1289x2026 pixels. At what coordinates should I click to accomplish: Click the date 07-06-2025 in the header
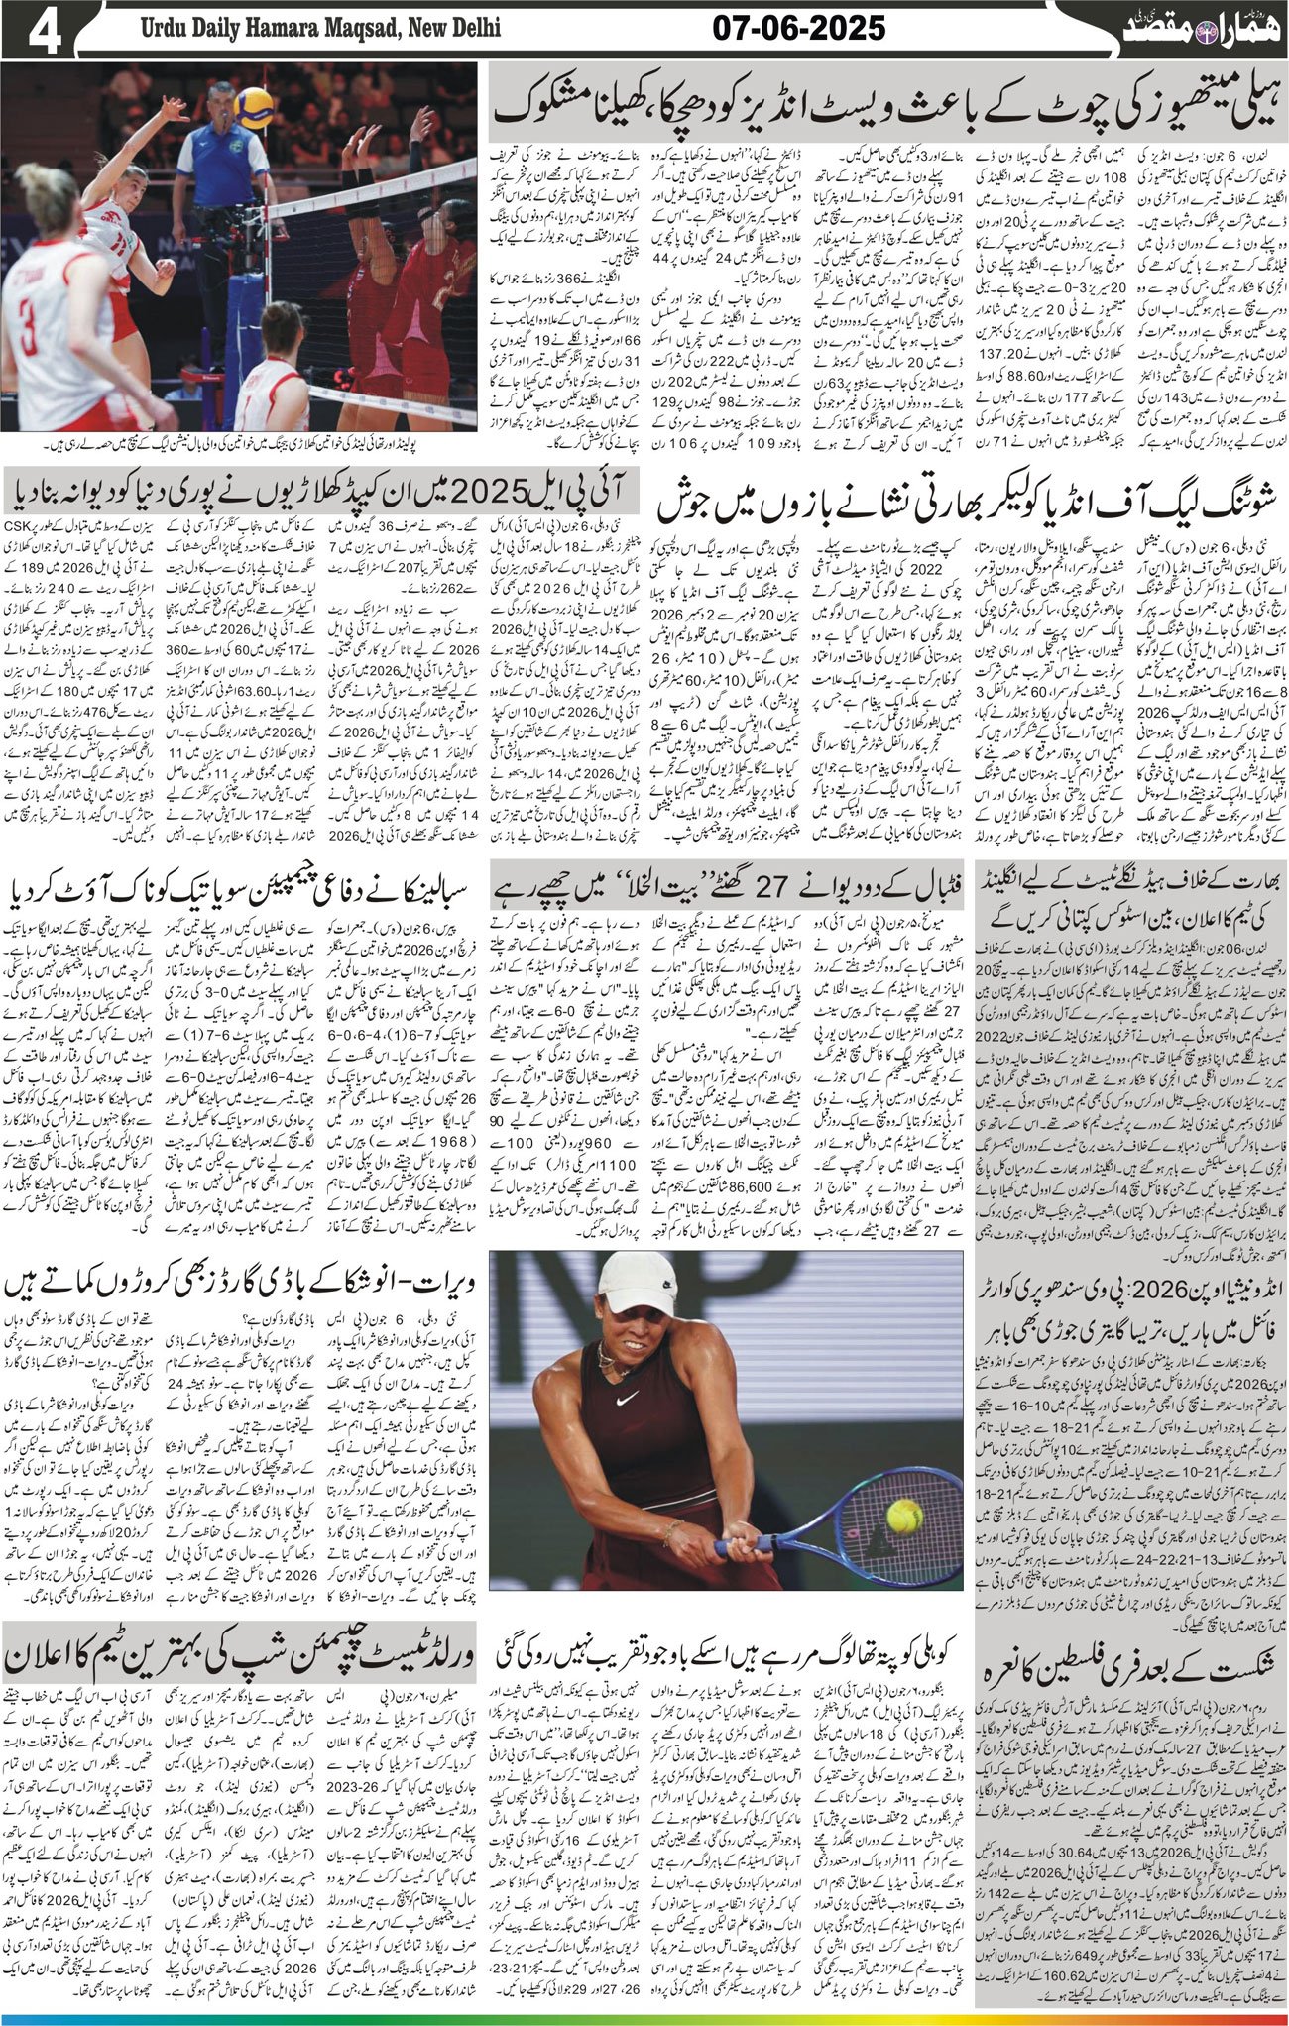(799, 29)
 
